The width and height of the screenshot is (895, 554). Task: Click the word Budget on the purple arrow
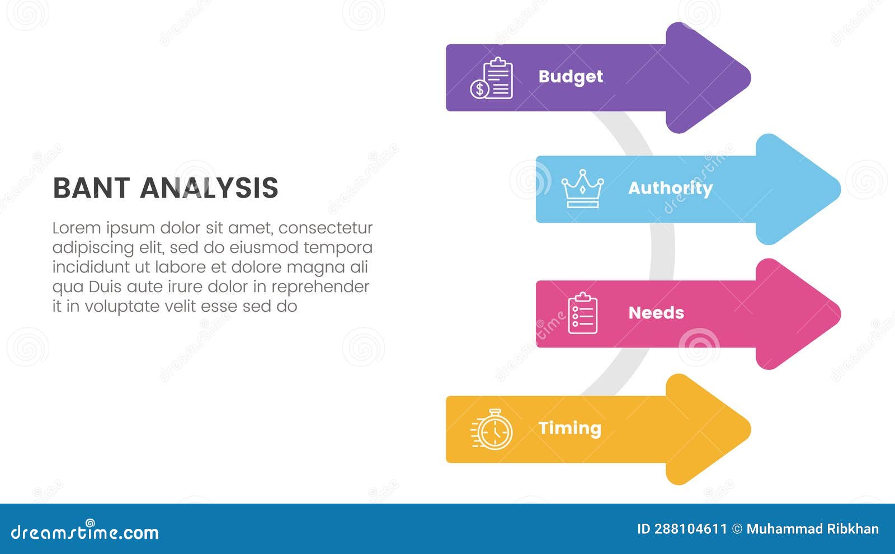tap(571, 77)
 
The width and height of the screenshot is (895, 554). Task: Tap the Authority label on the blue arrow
tap(670, 189)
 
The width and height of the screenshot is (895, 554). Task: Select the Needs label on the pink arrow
tap(656, 313)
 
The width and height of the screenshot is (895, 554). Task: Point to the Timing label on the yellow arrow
tap(569, 429)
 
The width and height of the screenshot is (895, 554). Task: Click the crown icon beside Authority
tap(582, 189)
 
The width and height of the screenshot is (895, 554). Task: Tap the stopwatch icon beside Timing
tap(492, 430)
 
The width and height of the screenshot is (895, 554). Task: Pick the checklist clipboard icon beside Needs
tap(582, 313)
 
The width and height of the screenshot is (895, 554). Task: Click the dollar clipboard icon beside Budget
tap(492, 78)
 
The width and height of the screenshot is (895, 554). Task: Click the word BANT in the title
tap(91, 188)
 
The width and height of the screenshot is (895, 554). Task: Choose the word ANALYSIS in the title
tap(209, 188)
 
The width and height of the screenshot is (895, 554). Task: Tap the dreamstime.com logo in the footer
tap(85, 532)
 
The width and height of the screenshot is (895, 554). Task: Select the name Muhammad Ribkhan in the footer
tap(812, 529)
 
